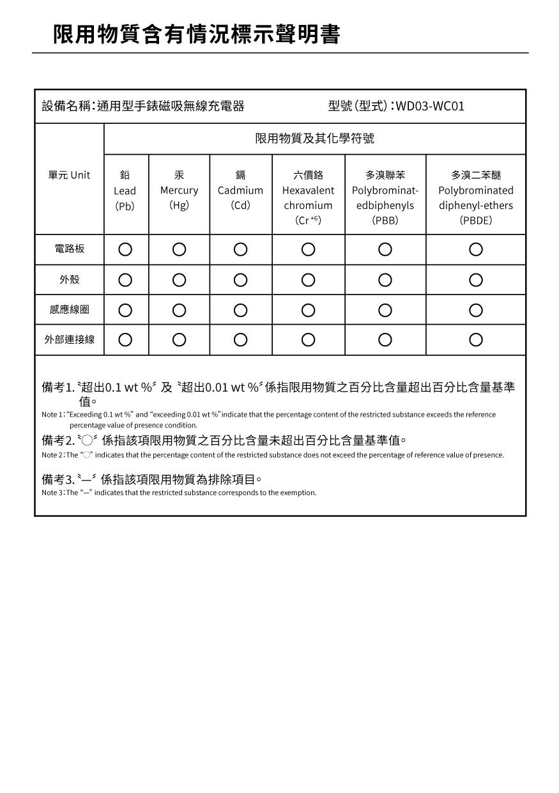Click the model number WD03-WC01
click(430, 106)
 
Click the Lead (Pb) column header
click(125, 190)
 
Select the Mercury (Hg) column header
click(179, 190)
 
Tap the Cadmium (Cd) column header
click(240, 190)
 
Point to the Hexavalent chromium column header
click(308, 197)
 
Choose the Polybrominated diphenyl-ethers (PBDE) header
click(475, 197)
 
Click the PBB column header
click(385, 197)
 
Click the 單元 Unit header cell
click(69, 175)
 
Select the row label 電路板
click(69, 249)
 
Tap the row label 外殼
click(69, 280)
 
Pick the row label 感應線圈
click(69, 310)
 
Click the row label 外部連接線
click(69, 340)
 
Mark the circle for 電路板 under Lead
click(125, 249)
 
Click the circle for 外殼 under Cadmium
click(240, 280)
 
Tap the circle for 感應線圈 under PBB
click(385, 310)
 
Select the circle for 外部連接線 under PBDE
click(475, 340)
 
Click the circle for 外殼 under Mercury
click(179, 280)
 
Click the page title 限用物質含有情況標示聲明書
click(196, 35)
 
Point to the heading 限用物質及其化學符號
click(314, 139)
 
